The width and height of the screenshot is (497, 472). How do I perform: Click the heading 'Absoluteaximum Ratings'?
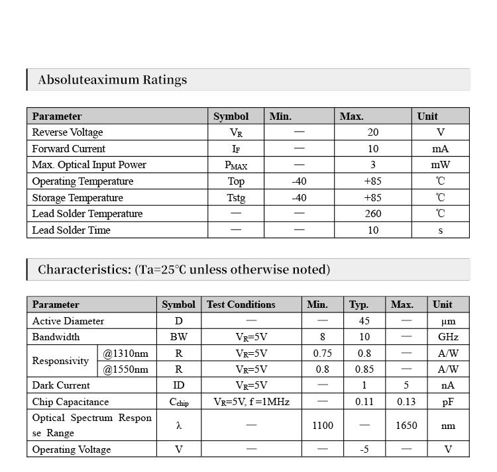point(112,80)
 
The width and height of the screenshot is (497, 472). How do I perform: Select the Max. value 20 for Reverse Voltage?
point(373,132)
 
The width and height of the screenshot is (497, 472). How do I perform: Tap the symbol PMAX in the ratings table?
point(236,165)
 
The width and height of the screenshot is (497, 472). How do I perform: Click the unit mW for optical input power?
point(440,165)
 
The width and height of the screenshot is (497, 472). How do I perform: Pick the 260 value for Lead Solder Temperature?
point(373,214)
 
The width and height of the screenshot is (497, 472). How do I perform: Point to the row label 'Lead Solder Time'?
point(72,230)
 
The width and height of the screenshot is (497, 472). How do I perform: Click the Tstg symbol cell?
point(236,198)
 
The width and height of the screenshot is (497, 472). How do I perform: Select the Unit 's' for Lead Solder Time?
point(440,230)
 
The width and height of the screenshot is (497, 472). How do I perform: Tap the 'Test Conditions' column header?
point(241,305)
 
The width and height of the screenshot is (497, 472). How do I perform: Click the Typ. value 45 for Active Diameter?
point(364,321)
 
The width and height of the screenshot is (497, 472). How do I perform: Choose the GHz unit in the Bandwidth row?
point(448,337)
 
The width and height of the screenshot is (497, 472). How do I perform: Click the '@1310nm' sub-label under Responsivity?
point(125,354)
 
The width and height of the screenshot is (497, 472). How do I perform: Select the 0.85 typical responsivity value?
point(364,369)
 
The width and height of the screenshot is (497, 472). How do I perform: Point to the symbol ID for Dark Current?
point(179,385)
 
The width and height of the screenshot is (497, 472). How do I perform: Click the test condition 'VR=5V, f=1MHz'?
point(251,402)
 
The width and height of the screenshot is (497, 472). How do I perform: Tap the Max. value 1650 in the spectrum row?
point(406,426)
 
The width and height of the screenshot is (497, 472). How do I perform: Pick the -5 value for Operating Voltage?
point(364,449)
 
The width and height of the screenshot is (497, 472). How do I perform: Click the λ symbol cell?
point(179,426)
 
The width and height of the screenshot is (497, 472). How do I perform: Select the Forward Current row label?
point(69,149)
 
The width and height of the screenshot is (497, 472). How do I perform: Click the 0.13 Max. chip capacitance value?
point(406,402)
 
